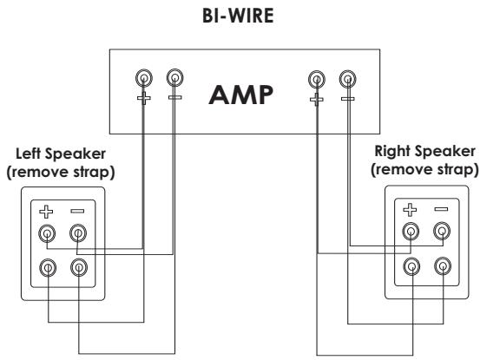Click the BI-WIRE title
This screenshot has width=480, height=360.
click(238, 16)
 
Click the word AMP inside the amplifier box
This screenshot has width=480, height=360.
click(241, 95)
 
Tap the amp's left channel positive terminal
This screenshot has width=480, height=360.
click(144, 78)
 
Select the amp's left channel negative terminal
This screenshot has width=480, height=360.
click(174, 78)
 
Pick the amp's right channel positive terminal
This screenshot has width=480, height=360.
click(317, 79)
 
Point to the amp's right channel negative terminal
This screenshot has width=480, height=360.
click(347, 79)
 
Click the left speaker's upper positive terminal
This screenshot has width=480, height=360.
click(47, 233)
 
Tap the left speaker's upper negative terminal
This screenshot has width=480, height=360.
click(78, 233)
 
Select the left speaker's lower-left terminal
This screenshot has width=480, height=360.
click(48, 268)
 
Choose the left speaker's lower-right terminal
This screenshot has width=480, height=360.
click(79, 267)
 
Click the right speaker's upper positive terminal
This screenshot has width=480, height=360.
click(411, 232)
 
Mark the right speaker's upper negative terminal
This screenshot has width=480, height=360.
click(442, 231)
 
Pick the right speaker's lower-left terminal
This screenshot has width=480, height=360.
click(411, 266)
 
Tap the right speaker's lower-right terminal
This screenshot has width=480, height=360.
click(443, 265)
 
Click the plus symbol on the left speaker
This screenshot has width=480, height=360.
click(46, 212)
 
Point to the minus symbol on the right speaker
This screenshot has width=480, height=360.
click(441, 209)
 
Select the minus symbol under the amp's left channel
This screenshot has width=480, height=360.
click(175, 97)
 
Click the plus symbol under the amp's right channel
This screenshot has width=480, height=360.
click(317, 100)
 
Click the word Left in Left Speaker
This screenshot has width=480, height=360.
click(28, 154)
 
